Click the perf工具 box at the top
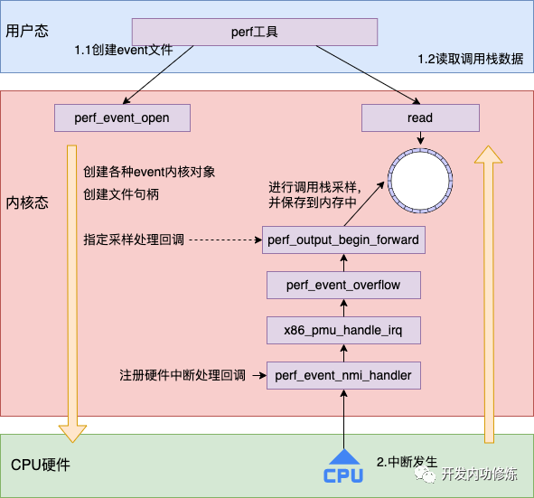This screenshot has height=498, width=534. click(254, 33)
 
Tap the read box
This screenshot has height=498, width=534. click(420, 117)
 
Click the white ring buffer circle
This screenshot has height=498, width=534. click(420, 179)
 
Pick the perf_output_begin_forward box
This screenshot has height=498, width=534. click(343, 240)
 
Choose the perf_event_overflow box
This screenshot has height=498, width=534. click(343, 285)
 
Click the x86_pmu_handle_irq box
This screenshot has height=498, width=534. click(343, 329)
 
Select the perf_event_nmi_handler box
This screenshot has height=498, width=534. click(343, 374)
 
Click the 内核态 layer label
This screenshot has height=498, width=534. click(26, 200)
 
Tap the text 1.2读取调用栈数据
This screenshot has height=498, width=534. click(469, 59)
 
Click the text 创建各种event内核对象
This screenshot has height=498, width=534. click(149, 171)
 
